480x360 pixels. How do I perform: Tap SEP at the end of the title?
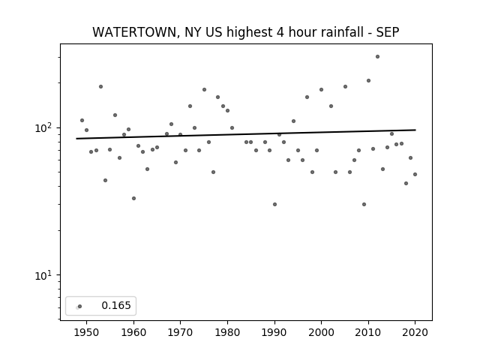pos(388,32)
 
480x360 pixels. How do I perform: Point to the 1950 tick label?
pos(87,332)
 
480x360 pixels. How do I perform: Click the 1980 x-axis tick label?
pos(227,332)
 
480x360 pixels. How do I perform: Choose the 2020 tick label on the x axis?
pos(415,332)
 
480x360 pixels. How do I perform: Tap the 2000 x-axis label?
pos(322,332)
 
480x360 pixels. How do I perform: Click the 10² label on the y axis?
pos(43,127)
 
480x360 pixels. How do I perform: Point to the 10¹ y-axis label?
pos(43,275)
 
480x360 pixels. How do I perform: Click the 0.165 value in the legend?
pos(116,305)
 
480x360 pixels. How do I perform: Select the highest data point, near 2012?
pos(377,57)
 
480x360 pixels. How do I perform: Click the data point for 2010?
pos(368,80)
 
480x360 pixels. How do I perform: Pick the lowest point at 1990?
pos(274,204)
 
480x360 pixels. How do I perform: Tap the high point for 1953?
pos(100,87)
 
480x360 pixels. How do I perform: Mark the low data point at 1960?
pos(133,198)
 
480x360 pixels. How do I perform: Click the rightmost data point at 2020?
pos(415,174)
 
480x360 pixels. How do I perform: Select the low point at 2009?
pos(364,204)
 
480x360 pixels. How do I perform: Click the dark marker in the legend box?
pos(80,306)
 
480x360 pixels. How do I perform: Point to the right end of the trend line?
pos(415,130)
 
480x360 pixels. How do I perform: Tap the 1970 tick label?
pos(180,332)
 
